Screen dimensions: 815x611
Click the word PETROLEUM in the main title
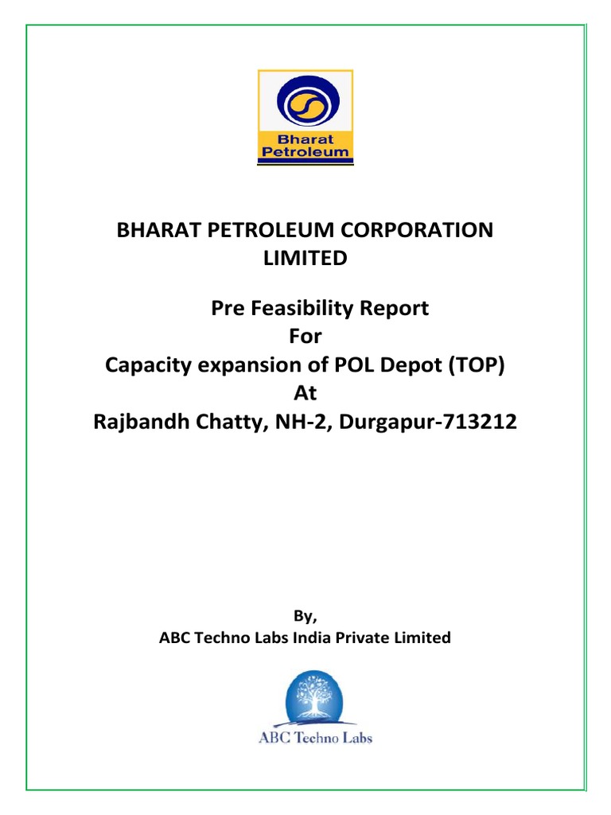pyautogui.click(x=281, y=230)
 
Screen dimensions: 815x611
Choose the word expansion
pyautogui.click(x=250, y=366)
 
